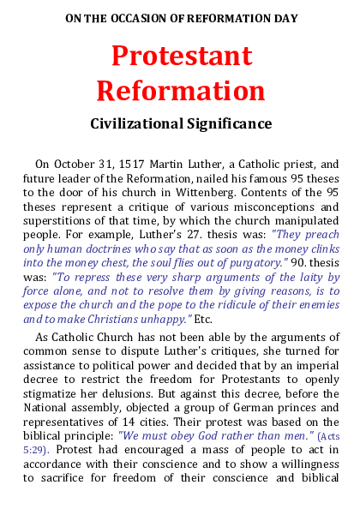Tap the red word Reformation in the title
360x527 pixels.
click(x=181, y=90)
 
